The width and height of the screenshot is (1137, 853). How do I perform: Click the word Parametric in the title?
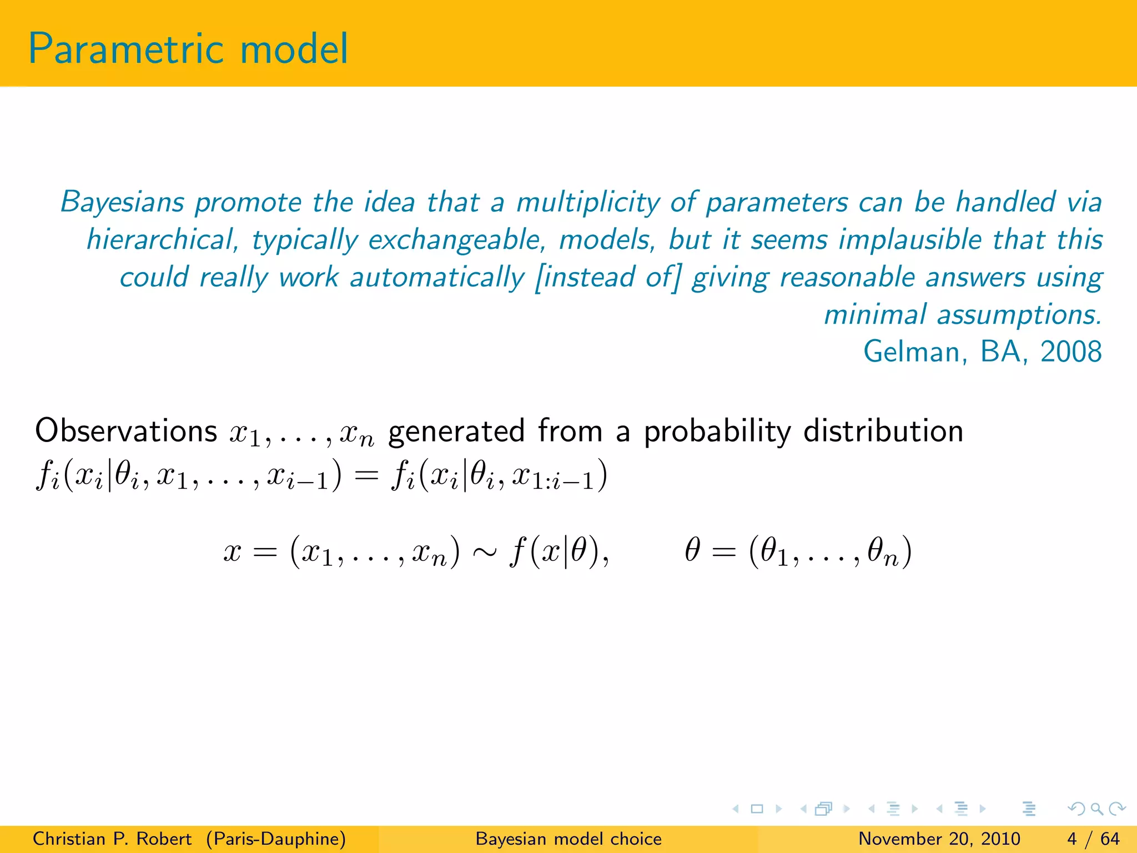tap(127, 50)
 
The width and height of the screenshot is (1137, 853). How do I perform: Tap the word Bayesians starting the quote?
tap(122, 202)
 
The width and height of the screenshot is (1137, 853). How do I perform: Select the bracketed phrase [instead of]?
tap(607, 278)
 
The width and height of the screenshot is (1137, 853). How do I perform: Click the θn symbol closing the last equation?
tap(883, 553)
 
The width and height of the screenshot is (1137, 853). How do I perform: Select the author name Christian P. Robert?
tap(112, 839)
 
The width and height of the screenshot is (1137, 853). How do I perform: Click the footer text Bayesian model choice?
tap(568, 839)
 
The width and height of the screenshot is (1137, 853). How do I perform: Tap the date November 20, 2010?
tap(939, 839)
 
